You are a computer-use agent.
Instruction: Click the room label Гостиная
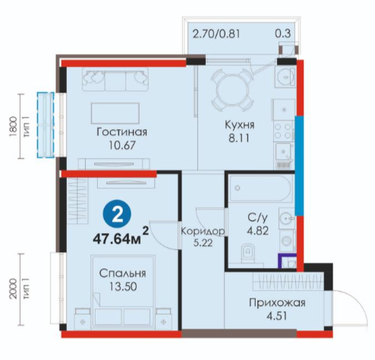click(x=121, y=132)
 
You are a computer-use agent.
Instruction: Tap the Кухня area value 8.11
click(x=239, y=138)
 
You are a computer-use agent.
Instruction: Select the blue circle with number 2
click(x=117, y=216)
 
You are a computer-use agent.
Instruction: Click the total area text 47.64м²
click(x=121, y=237)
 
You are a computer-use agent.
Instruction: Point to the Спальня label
click(x=122, y=273)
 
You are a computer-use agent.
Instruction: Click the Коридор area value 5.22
click(x=203, y=243)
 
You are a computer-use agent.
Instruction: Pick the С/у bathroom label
click(x=257, y=218)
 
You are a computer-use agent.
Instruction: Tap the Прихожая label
click(x=277, y=303)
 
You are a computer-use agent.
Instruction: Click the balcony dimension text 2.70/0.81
click(x=216, y=33)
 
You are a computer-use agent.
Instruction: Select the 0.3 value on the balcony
click(x=283, y=33)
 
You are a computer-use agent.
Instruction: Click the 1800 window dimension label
click(x=13, y=127)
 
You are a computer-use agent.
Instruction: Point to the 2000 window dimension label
click(x=13, y=289)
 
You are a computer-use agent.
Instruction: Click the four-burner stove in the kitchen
click(x=284, y=131)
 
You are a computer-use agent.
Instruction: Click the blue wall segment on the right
click(x=299, y=166)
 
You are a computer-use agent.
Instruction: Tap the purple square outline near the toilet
click(x=287, y=261)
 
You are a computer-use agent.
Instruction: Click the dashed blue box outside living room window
click(x=46, y=125)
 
